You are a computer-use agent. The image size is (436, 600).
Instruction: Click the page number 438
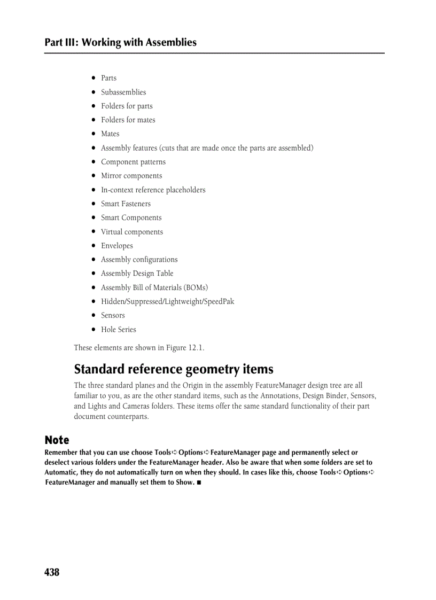click(52, 572)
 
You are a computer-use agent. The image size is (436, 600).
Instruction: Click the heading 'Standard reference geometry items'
click(174, 369)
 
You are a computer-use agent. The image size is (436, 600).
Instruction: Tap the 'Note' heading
click(57, 440)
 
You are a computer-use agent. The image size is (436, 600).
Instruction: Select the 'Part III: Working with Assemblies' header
click(120, 42)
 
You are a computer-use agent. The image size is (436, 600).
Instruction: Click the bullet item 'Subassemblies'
click(123, 92)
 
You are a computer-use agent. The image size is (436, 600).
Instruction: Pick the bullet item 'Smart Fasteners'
click(126, 204)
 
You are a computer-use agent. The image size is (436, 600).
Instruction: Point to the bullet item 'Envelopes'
click(117, 246)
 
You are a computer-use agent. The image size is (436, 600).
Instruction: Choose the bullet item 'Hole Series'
click(119, 329)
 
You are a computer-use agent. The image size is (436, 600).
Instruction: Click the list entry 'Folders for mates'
click(128, 120)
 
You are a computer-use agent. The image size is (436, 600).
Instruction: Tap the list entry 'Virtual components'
click(132, 232)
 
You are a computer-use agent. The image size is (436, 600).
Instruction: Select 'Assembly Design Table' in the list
click(137, 273)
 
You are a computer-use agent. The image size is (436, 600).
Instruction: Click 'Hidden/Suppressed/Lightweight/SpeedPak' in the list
click(167, 301)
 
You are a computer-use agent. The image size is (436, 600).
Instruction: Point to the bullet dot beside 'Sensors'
click(93, 315)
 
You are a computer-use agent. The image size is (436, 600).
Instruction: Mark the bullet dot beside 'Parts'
click(93, 78)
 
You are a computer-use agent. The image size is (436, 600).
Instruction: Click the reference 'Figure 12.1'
click(184, 348)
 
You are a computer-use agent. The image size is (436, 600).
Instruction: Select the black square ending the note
click(199, 482)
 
